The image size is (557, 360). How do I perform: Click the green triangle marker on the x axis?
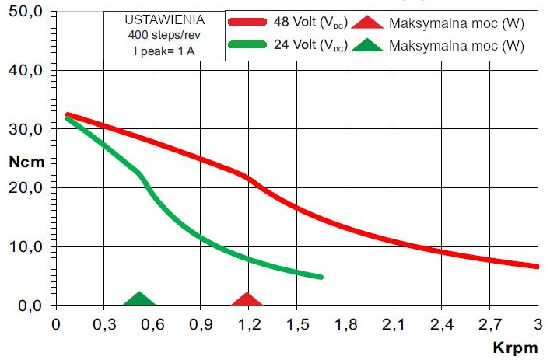click(x=140, y=300)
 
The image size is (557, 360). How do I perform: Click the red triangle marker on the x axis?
click(x=247, y=300)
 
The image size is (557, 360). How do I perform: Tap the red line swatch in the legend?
click(x=250, y=22)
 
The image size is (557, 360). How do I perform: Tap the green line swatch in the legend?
click(x=250, y=45)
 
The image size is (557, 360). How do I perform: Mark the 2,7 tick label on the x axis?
click(x=489, y=323)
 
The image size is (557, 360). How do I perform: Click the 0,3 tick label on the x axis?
click(x=103, y=323)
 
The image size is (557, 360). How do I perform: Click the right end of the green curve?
click(x=321, y=277)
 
